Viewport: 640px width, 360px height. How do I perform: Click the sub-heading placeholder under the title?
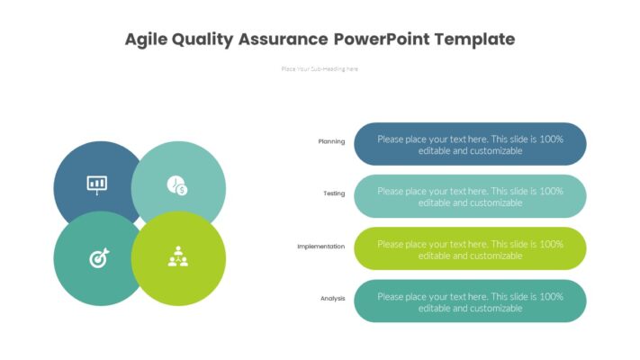click(x=320, y=68)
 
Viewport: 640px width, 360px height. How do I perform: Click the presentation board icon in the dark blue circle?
click(x=96, y=184)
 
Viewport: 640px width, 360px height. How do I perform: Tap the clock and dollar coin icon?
click(x=176, y=185)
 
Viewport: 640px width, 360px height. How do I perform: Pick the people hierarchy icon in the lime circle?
click(x=177, y=257)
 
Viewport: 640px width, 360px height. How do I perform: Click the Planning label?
click(x=331, y=141)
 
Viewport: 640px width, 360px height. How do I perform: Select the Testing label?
click(x=334, y=193)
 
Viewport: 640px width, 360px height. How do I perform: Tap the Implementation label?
click(x=320, y=246)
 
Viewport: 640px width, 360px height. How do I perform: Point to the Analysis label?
click(x=332, y=298)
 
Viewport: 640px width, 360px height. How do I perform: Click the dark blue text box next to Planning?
click(x=470, y=145)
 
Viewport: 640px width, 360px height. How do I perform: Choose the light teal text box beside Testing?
click(x=470, y=196)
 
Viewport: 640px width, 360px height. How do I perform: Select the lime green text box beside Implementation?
click(x=470, y=249)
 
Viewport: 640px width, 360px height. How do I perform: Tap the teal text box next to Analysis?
click(x=470, y=301)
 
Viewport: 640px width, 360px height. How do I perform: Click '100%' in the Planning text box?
click(x=551, y=139)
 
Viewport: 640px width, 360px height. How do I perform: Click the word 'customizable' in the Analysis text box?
click(x=490, y=308)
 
